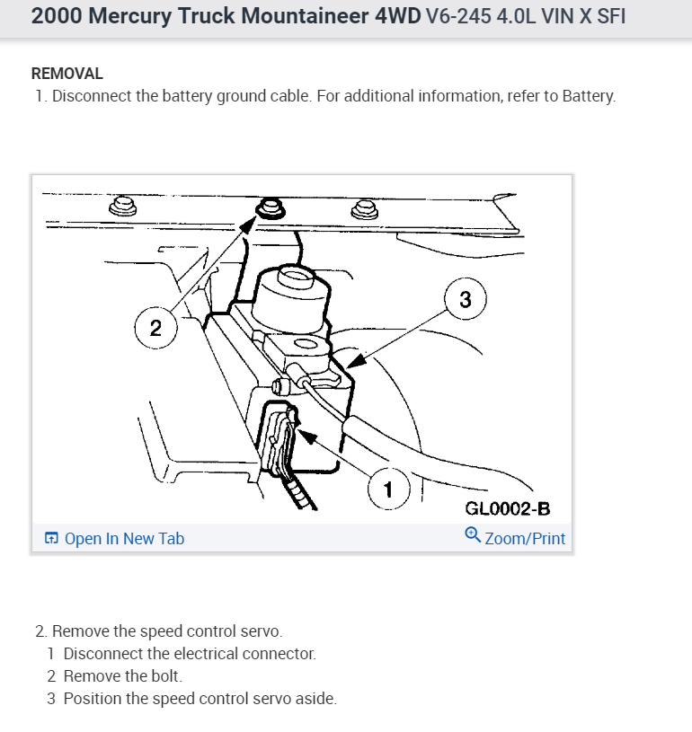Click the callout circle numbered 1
coord(388,489)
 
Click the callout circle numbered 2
coord(155,328)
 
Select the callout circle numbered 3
coord(465,300)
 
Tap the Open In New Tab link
coord(124,538)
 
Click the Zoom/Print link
coord(525,538)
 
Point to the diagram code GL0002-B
coord(507,509)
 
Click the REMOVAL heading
coord(67,74)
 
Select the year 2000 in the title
coord(56,17)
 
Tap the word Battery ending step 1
coord(588,96)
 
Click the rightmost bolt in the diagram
coord(363,210)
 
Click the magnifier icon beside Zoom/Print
coord(472,536)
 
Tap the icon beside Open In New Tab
coord(51,539)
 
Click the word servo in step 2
coord(262,631)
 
